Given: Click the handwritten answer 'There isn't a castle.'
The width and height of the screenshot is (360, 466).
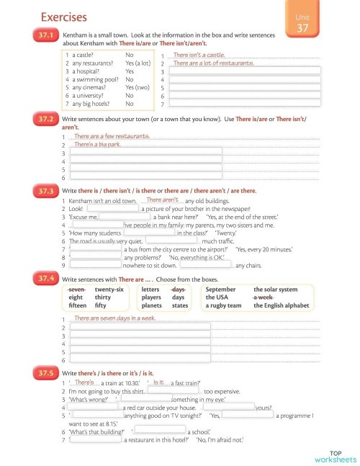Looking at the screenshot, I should [199, 55].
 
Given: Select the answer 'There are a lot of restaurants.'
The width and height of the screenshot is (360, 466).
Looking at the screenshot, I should [213, 63].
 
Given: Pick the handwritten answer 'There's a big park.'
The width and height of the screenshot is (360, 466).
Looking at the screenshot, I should [96, 145].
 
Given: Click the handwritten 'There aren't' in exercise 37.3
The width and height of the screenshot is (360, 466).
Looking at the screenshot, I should [162, 200].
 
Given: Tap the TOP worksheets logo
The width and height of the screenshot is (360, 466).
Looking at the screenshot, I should [335, 455].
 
